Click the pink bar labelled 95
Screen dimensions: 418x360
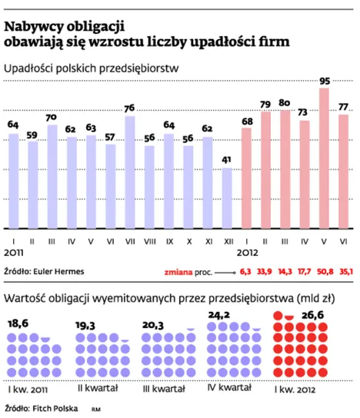tap(324, 158)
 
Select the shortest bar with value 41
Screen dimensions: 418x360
tap(227, 197)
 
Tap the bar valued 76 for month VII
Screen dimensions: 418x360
tap(130, 171)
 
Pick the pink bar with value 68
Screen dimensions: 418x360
tap(246, 177)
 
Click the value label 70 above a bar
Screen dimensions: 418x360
tap(52, 118)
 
